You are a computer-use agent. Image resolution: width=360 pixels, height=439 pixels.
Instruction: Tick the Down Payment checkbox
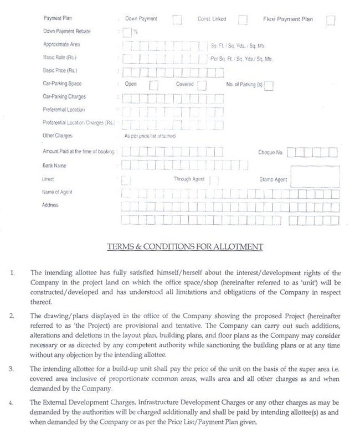click(177, 20)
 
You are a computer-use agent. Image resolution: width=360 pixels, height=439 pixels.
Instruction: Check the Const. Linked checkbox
click(243, 20)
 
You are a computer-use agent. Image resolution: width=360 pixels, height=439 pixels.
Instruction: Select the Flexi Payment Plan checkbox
click(331, 20)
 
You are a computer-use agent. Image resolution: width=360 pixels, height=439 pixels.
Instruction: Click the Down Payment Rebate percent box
click(127, 32)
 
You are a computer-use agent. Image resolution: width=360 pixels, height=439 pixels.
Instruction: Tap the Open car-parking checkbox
click(153, 85)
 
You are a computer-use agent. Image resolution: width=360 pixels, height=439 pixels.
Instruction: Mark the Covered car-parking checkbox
click(202, 85)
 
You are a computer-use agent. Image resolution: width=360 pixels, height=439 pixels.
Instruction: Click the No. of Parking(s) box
click(269, 85)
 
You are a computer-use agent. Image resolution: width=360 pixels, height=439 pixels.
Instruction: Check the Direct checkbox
click(126, 179)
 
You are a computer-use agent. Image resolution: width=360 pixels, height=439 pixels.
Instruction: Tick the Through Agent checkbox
click(214, 180)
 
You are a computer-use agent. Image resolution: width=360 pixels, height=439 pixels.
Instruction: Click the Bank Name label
click(55, 166)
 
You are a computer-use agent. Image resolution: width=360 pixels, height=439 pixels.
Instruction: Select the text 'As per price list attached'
click(150, 136)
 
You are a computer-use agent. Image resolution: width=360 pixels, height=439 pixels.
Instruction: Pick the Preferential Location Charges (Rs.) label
click(78, 122)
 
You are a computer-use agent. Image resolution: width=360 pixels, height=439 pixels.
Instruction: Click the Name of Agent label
click(57, 192)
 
